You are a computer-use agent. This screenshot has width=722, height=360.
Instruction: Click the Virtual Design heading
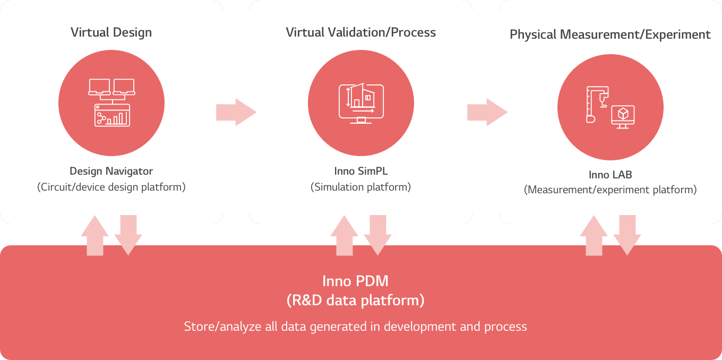coord(111,32)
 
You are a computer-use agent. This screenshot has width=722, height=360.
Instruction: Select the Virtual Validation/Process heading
coord(361,32)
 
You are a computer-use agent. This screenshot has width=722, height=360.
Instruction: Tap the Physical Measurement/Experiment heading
coord(610,35)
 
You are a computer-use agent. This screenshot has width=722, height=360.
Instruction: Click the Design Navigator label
coord(111,171)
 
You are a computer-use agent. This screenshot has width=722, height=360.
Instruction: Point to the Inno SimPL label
coord(361,171)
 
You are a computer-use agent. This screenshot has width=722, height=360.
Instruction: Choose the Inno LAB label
coord(610,174)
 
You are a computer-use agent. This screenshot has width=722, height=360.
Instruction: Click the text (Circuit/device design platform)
coord(111,187)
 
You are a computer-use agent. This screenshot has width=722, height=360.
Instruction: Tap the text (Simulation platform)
coord(361,187)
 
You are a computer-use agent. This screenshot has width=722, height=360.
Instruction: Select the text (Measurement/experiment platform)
coord(610,190)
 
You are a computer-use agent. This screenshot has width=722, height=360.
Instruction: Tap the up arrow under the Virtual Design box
coord(95,235)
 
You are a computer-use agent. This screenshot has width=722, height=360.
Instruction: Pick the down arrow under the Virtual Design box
coord(128,235)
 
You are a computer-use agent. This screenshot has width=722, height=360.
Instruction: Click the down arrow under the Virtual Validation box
coord(377,235)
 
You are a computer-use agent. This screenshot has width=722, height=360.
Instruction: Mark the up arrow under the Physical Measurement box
coord(594,235)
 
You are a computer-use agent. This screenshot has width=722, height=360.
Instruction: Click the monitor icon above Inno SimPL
coord(361,102)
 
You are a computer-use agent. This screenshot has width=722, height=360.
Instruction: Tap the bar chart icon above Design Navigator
coord(112,115)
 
